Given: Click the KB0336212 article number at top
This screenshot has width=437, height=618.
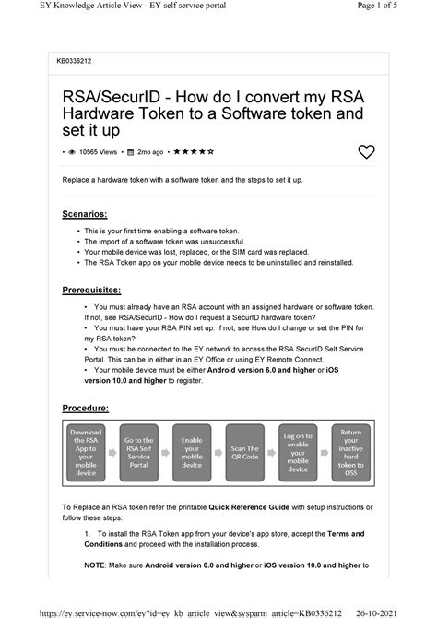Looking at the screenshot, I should (75, 62).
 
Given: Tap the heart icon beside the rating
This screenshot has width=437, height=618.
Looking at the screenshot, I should (366, 151).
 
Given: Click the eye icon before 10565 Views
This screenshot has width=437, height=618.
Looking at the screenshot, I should (71, 151).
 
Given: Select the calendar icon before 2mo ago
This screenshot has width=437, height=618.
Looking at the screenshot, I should (131, 151).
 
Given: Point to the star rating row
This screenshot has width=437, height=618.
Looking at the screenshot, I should (195, 151).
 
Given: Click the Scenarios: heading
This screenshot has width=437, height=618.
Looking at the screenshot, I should (84, 213).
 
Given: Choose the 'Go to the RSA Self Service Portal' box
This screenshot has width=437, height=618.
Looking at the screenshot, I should (138, 452).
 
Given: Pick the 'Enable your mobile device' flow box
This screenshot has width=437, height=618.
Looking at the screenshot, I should (192, 452).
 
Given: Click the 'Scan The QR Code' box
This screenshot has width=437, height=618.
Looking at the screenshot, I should (244, 452).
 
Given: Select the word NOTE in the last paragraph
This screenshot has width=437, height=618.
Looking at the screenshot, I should (95, 565).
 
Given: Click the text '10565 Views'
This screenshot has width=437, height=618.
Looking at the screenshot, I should (99, 151).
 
